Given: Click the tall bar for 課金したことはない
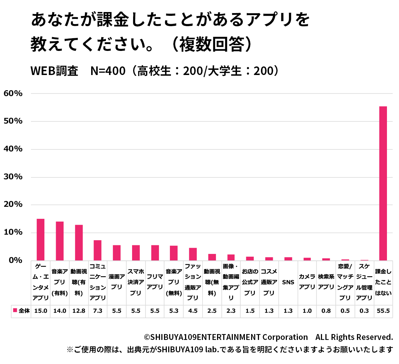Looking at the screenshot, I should coord(383,183).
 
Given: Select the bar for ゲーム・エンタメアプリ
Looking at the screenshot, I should coord(41,239).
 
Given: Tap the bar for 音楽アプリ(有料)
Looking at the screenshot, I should coord(60,241).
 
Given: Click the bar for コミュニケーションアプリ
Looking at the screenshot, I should coord(98,250).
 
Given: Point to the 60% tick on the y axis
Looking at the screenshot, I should coord(13,94).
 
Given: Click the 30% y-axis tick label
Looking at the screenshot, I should coord(13,177).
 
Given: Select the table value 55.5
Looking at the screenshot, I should coord(383,311).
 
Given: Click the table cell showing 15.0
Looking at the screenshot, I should coord(41,311).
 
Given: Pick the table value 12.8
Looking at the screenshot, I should coord(79,311).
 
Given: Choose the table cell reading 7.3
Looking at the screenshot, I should coord(98,311).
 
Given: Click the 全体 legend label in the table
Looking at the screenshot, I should coord(24,311).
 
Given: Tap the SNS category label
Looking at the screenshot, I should coord(288,282).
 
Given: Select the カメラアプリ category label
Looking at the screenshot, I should coord(307,282).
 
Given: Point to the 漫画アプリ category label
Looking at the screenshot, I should coord(117,282).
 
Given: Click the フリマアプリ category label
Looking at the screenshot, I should coord(155,282).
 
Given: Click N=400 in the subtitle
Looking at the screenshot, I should coord(108,71).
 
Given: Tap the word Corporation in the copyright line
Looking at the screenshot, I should coord(285,337).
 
